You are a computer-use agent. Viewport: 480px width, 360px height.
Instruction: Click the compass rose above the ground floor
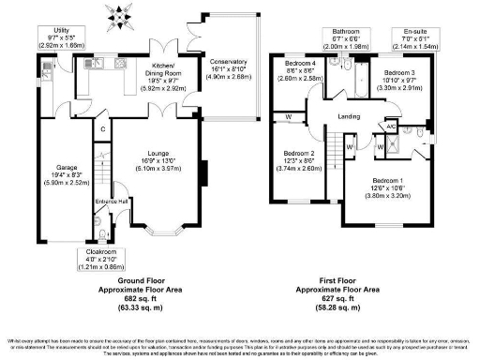pos(119,15)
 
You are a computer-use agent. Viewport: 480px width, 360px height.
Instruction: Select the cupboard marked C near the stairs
pos(102,128)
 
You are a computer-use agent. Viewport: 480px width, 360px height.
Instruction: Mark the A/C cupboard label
pos(391,127)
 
